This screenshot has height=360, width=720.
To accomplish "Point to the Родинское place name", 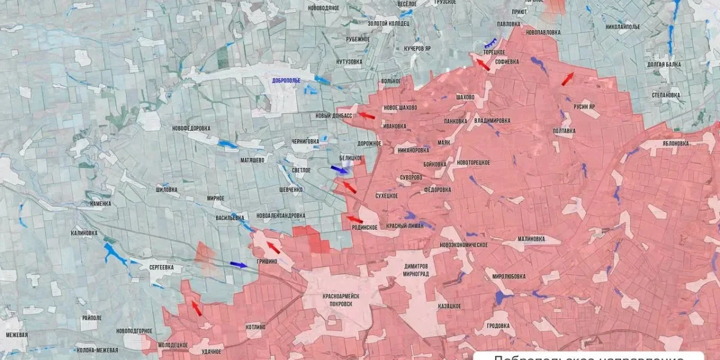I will coord(365,227).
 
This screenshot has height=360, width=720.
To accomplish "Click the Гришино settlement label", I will coord(267,262).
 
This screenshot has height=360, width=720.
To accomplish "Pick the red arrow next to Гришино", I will coord(273,247).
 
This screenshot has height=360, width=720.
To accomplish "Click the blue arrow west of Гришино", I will coord(238,265).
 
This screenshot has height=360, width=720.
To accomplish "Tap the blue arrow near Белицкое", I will coord(339,170).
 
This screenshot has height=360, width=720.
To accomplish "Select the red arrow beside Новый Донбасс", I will coord(367,115).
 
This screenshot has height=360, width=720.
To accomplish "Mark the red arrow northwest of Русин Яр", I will coord(567,79).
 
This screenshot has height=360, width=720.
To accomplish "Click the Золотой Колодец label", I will coord(389,23).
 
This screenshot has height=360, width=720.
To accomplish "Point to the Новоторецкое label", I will coord(473,163).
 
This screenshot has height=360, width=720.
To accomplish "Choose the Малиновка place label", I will coord(530,239).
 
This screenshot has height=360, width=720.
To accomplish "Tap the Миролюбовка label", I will coord(509,277).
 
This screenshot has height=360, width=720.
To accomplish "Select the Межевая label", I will coord(17,334).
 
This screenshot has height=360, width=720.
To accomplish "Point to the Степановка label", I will coord(666,95).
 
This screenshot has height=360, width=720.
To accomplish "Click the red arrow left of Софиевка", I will coord(483,64).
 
